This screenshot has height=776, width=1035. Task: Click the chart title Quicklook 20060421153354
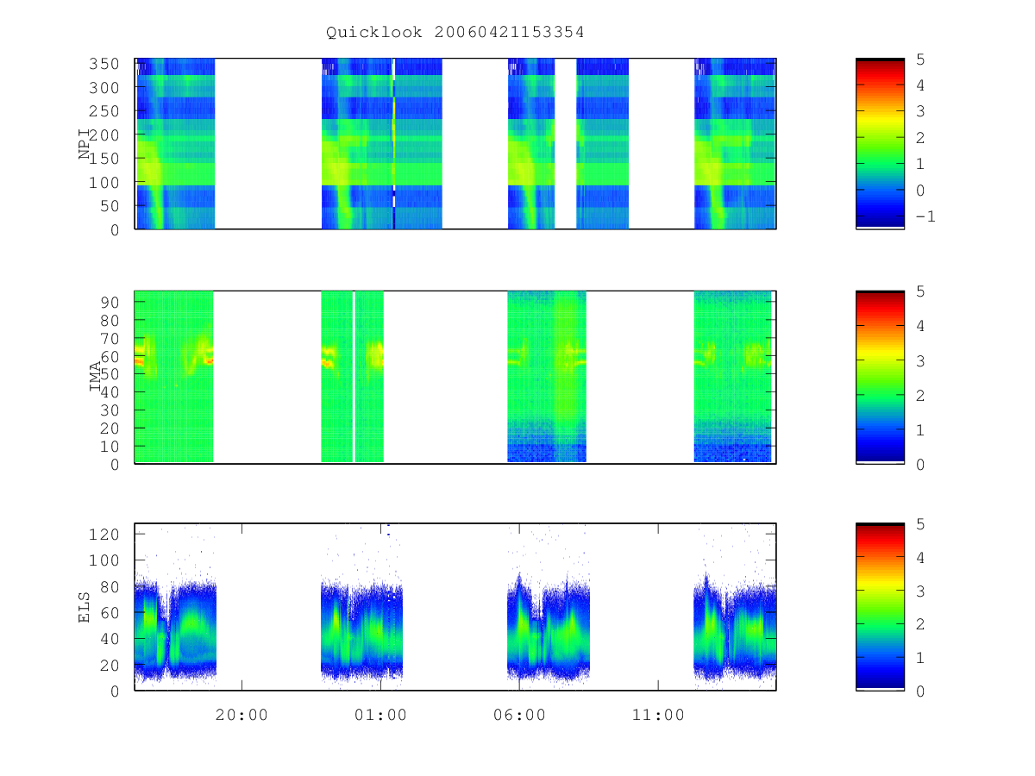tap(455, 32)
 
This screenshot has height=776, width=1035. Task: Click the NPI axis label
tap(85, 144)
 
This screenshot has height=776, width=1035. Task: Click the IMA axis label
tap(95, 377)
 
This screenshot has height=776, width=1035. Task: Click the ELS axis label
tap(85, 607)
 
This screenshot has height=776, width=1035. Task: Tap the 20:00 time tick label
tap(241, 715)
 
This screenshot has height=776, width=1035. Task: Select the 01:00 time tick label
tap(380, 715)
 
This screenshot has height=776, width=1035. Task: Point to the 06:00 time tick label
tap(519, 715)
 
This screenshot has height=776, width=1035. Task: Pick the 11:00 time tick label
tap(658, 715)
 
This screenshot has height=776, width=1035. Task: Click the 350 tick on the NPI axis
tap(103, 64)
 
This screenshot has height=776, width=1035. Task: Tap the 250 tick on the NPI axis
tap(103, 111)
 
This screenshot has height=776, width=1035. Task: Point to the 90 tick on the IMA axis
tap(110, 303)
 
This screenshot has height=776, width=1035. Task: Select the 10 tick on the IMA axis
tap(110, 447)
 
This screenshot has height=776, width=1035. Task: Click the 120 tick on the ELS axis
tap(103, 535)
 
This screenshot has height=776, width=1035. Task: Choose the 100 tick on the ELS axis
tap(103, 560)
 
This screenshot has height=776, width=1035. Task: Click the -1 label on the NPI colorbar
tap(925, 216)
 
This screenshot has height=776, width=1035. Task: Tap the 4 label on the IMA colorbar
tap(920, 326)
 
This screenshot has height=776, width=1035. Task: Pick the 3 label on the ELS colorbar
tap(920, 591)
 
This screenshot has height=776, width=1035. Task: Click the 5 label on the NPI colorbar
tap(920, 59)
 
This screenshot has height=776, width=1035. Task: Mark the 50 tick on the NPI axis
tap(110, 206)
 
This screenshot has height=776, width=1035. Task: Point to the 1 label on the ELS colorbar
tap(920, 658)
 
